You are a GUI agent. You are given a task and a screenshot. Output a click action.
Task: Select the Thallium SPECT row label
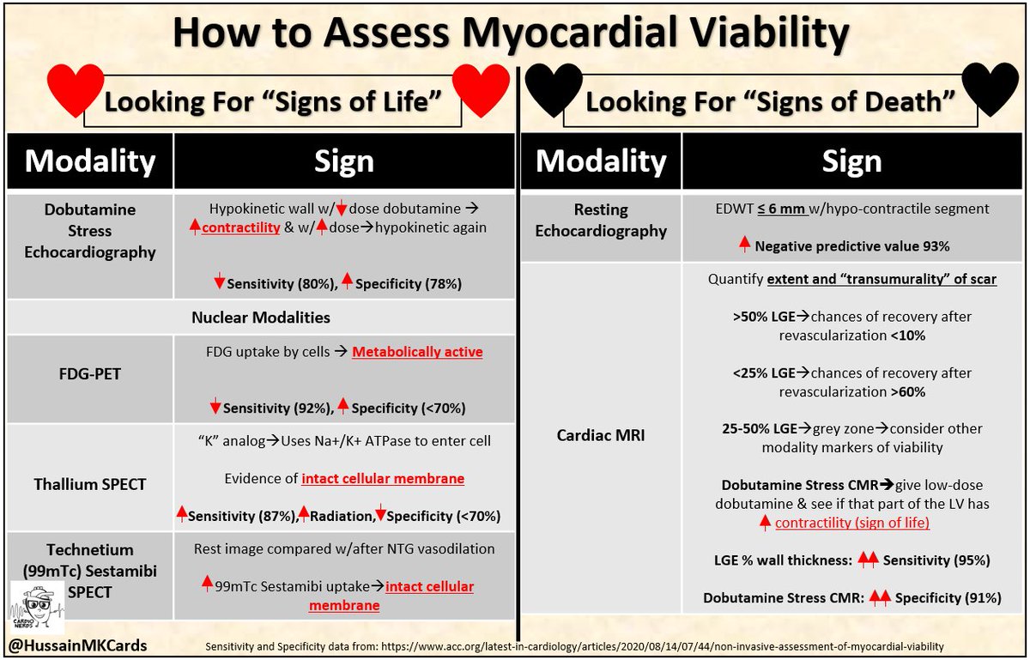point(89,484)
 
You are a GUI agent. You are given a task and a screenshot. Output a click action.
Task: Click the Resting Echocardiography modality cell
point(601,221)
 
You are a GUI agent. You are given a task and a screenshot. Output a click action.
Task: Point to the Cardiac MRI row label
point(601,436)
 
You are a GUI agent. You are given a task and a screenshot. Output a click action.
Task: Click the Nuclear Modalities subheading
point(261,318)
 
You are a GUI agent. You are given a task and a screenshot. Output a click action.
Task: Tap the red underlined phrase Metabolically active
point(417,352)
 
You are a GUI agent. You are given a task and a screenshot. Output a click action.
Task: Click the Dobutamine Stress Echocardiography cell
point(89,230)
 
